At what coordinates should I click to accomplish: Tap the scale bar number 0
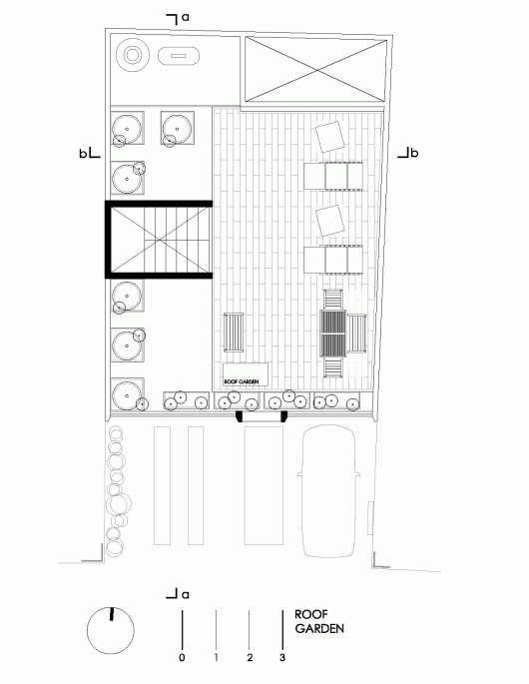coord(182,657)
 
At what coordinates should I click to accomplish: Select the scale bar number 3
coord(282,657)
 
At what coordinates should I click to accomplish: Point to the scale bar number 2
coord(250,657)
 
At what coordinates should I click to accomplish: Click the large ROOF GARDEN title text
coord(319,622)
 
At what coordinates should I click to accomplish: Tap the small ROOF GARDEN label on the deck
coord(242,381)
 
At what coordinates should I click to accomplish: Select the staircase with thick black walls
coord(159,240)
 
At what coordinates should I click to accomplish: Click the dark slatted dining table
coord(333,334)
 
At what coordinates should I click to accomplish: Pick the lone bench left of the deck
coord(234,332)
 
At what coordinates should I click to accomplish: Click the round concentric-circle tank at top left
coord(133,55)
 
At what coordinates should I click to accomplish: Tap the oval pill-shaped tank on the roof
coord(179,56)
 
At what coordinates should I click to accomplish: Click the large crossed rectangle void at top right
coord(315,70)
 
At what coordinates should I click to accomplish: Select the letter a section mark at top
coord(186,17)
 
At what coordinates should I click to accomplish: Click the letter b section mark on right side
coord(415,153)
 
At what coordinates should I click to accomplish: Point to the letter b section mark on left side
coord(83,154)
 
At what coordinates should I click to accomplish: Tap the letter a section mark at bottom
coord(186,594)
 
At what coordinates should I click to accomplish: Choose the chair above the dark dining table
coord(333,300)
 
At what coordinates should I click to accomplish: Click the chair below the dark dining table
coord(333,367)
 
